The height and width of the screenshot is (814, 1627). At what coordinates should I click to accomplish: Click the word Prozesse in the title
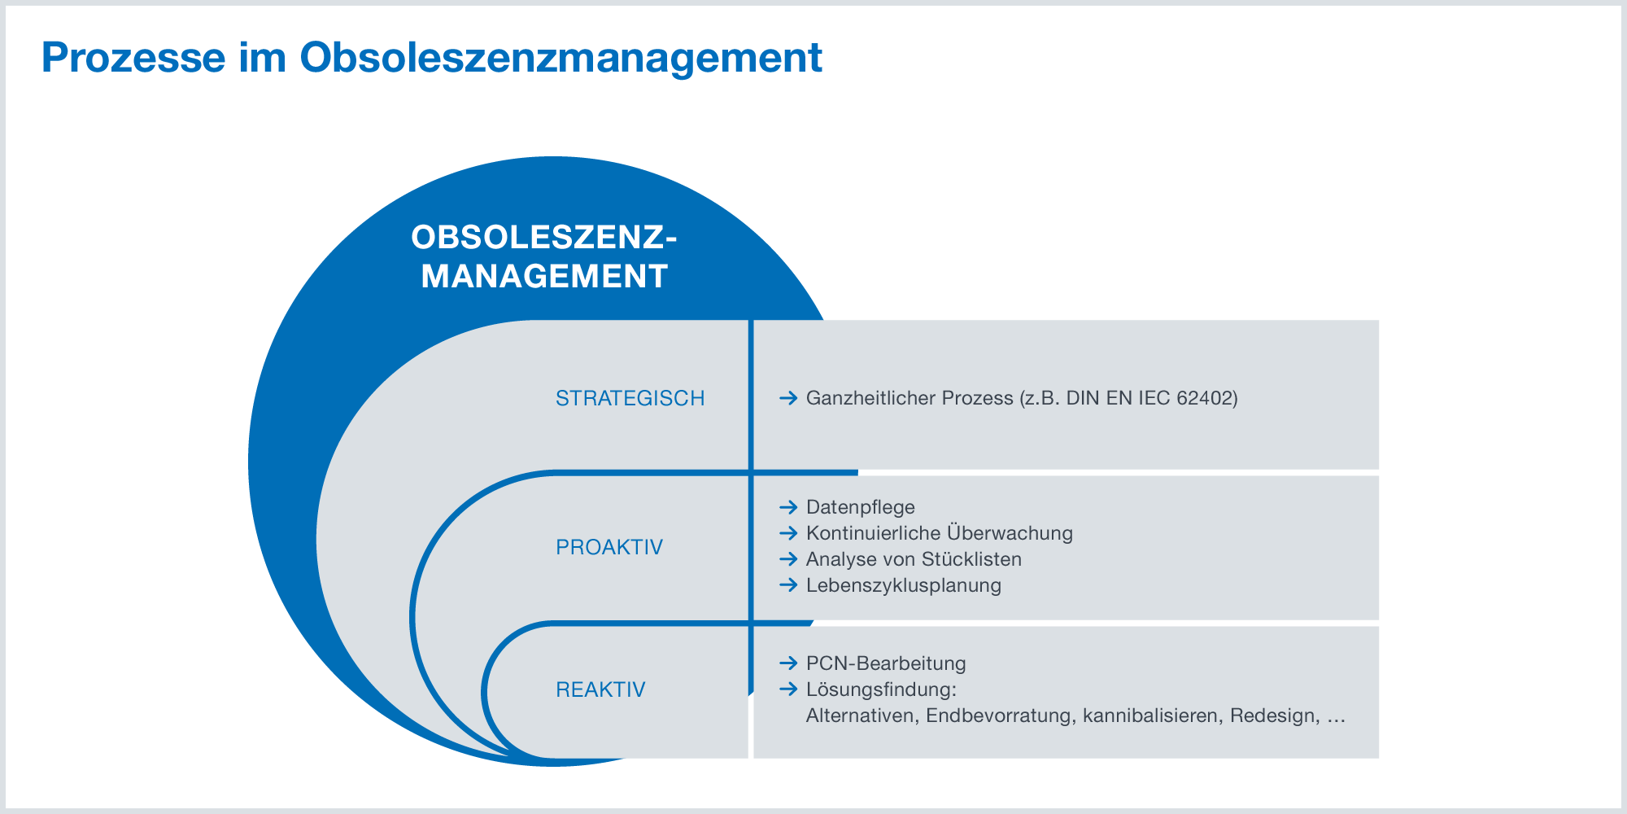[x=133, y=58]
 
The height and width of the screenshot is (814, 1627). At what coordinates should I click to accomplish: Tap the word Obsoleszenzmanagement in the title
[x=561, y=58]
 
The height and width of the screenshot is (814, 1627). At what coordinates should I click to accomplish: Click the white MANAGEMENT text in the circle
[x=544, y=277]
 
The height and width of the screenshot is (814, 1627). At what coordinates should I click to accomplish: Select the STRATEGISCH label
[x=630, y=398]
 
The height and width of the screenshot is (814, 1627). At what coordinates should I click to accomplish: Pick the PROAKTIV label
[x=609, y=547]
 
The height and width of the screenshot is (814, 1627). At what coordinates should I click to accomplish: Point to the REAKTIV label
[x=600, y=689]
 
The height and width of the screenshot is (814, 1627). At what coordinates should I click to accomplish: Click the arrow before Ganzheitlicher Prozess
[x=787, y=398]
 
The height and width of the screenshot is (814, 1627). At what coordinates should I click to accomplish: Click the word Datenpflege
[x=861, y=507]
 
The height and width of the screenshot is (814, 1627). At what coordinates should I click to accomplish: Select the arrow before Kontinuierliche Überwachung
[x=787, y=533]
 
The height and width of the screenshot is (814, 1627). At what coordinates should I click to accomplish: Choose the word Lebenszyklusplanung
[x=904, y=585]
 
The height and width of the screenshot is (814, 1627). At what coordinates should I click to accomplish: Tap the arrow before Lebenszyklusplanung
[x=787, y=585]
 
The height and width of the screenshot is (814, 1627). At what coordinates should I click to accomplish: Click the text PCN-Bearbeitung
[x=886, y=663]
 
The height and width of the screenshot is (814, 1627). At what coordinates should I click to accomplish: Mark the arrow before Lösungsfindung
[x=787, y=689]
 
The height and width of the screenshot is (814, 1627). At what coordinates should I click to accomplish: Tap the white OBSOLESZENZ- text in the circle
[x=544, y=238]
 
